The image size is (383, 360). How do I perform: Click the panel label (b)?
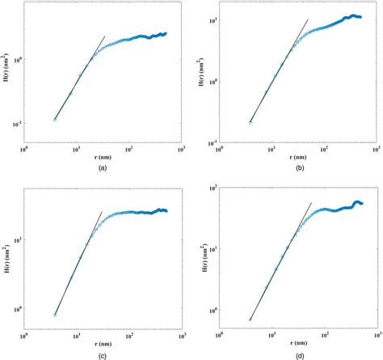294,167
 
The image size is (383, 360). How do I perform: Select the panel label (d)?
294,354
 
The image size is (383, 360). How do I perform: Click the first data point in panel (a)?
55,120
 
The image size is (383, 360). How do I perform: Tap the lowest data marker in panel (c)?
55,315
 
